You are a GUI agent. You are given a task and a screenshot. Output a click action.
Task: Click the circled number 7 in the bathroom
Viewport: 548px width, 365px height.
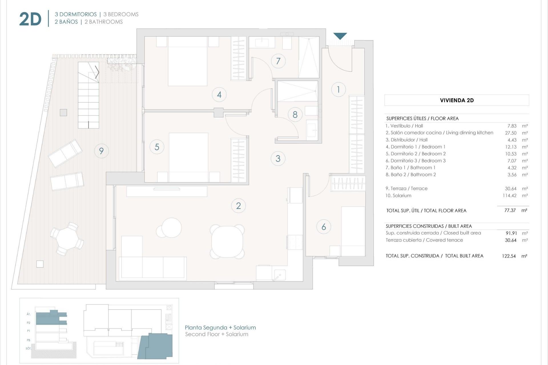[278, 61]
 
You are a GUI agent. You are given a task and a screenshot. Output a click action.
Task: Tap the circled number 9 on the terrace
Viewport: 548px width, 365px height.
[101, 151]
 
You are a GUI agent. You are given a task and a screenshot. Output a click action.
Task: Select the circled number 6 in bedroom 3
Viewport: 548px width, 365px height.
[323, 227]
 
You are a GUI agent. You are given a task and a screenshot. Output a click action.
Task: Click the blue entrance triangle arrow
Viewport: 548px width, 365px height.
[340, 36]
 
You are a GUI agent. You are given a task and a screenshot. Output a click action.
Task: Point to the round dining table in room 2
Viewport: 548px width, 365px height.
[227, 241]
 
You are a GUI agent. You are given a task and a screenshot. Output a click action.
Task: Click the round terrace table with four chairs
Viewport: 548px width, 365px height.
[67, 239]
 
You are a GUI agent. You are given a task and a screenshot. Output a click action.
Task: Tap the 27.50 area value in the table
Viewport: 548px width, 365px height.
[511, 133]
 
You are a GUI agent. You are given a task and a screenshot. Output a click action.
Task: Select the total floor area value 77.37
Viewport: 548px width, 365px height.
[510, 210]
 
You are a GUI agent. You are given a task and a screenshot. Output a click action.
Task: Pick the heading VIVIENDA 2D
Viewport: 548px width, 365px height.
[457, 100]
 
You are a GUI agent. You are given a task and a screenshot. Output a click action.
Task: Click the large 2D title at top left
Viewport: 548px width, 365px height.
[30, 19]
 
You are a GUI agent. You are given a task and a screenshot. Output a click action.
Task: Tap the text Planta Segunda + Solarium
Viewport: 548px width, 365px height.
[220, 328]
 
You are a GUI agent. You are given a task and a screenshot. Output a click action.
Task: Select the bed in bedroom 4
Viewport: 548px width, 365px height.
[188, 61]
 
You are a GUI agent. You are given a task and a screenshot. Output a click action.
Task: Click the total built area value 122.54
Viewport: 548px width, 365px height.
[509, 256]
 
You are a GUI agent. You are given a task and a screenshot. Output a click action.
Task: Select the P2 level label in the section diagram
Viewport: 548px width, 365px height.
[29, 323]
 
